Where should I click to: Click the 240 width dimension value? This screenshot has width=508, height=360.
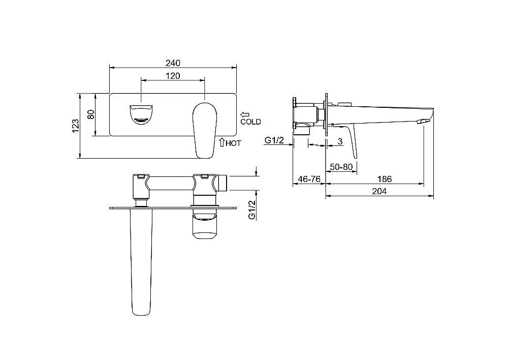[x=173, y=63]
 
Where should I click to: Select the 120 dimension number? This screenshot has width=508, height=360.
[x=173, y=76]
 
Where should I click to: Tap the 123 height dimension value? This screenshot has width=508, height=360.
[x=76, y=126]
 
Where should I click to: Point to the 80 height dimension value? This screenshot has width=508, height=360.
[x=91, y=114]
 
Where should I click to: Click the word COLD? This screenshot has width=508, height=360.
[x=250, y=122]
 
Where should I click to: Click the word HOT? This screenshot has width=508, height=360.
[x=233, y=143]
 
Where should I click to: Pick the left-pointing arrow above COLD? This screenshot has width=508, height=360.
[x=245, y=114]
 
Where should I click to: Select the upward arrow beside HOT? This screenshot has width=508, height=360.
[x=222, y=142]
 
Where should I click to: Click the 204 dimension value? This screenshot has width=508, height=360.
[x=379, y=191]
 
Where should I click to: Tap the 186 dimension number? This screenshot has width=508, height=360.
[x=385, y=179]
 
